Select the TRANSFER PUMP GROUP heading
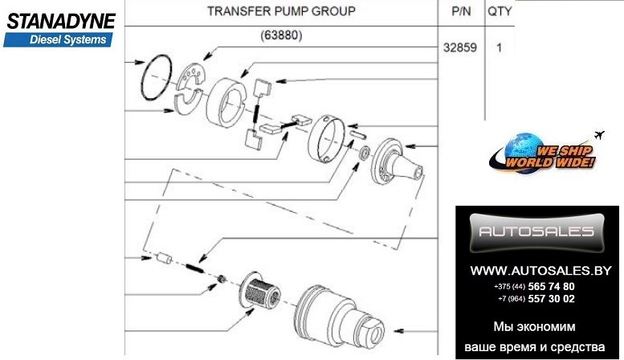tap(280, 12)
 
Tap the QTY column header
tap(499, 12)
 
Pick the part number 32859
tap(460, 47)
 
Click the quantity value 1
tap(499, 47)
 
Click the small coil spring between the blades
tap(256, 112)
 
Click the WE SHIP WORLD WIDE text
tap(554, 156)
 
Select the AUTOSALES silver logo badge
tap(536, 232)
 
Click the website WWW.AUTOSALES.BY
tap(536, 269)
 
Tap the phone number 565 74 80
tap(551, 286)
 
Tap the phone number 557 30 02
tap(551, 299)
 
